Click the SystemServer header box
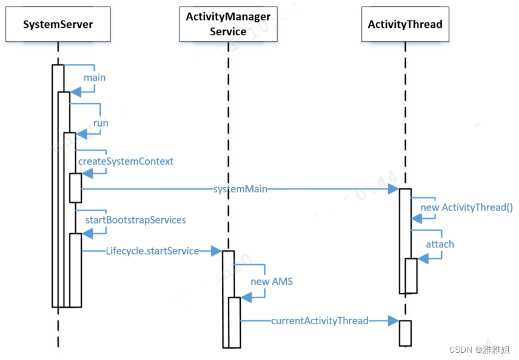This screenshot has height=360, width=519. pos(58,25)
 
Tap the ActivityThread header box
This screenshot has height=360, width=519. pos(405,25)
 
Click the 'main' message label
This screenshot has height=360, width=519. pos(95,78)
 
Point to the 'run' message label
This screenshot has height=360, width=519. pos(101,122)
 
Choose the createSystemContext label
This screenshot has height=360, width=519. pos(126,161)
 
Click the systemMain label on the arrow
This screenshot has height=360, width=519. pos(240,190)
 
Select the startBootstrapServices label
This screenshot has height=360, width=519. pos(135,219)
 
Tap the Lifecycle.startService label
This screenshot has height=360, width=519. pos(152,250)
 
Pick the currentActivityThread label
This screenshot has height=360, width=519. pos(320,321)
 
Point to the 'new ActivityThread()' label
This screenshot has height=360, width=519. pos(466,207)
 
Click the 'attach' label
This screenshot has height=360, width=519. pos(440,244)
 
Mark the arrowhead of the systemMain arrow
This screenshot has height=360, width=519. pos(393,190)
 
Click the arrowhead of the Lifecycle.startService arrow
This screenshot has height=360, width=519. pos(216,250)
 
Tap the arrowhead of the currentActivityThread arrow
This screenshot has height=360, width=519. pos(393,321)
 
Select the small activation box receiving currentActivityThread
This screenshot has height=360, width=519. pos(405,333)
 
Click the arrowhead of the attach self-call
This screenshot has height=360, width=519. pos(423,258)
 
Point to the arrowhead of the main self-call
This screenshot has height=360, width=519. pos(76,92)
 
